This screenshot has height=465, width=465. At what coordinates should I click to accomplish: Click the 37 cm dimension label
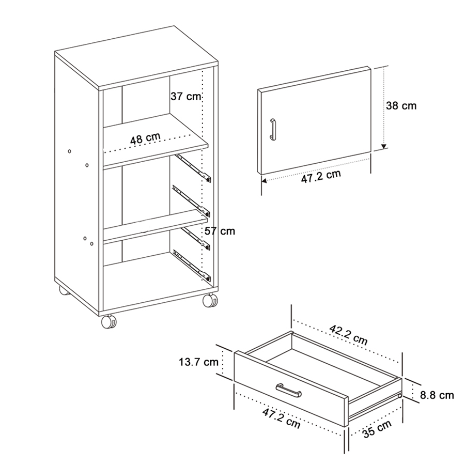click(x=185, y=97)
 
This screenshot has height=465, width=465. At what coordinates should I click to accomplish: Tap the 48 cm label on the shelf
click(x=145, y=138)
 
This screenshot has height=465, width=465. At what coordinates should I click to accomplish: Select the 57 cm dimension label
click(x=220, y=231)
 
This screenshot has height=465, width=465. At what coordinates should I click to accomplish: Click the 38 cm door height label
click(x=401, y=106)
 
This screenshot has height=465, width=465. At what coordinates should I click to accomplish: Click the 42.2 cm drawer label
click(x=349, y=336)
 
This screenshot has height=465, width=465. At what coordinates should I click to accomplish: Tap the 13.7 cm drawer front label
click(x=198, y=362)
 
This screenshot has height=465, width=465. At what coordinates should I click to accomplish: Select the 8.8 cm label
click(x=437, y=395)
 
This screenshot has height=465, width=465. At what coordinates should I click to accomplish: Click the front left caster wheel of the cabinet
click(x=109, y=322)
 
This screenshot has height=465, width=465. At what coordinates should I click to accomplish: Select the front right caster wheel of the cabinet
click(x=210, y=301)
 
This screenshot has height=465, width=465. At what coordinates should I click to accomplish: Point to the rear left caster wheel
click(x=63, y=291)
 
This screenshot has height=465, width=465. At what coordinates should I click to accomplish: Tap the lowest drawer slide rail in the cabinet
click(x=192, y=263)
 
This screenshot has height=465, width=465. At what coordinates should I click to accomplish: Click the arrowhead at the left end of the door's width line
click(x=263, y=181)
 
